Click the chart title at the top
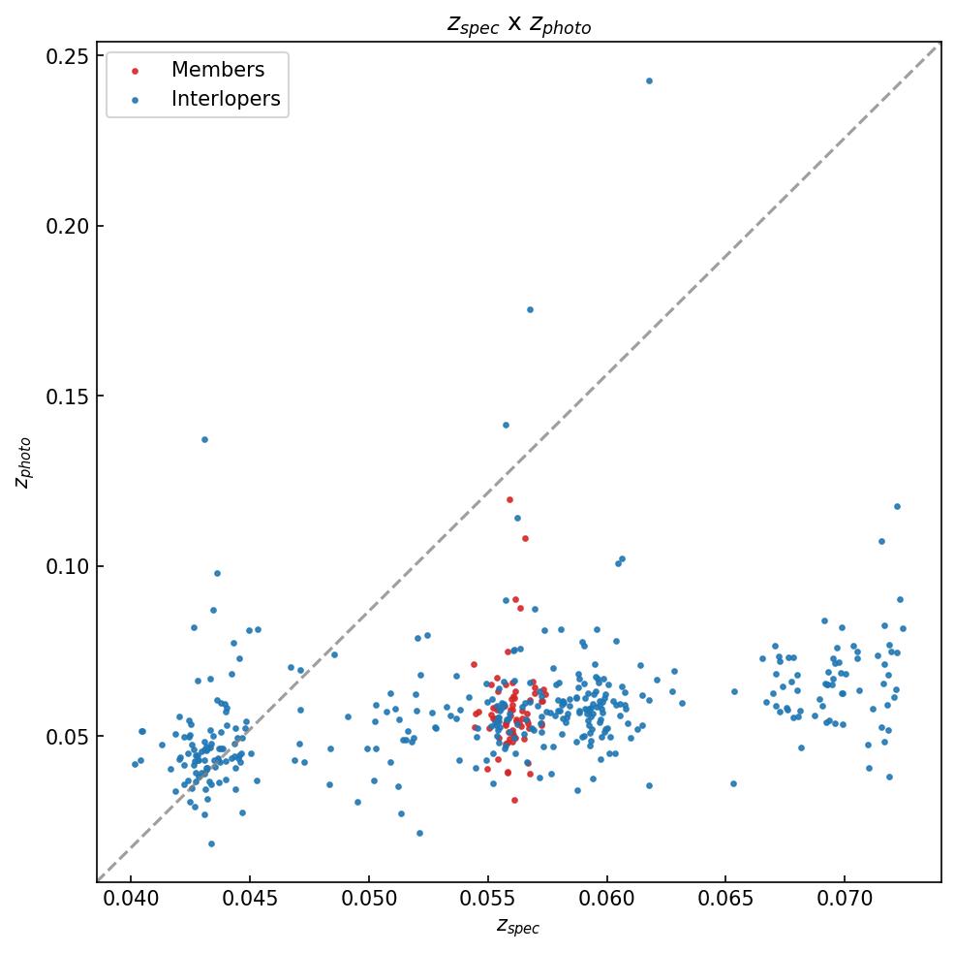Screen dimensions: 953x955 coord(518,25)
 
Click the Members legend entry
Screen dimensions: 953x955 coord(217,70)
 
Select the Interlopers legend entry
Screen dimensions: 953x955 coord(225,99)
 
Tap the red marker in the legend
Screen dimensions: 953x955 coord(135,71)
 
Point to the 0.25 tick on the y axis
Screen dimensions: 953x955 coord(67,56)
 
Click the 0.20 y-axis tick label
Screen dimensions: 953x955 coord(67,226)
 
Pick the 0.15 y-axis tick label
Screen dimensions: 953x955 coord(67,397)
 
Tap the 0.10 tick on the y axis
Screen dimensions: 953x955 coord(67,566)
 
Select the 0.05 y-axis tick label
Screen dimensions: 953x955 coord(67,736)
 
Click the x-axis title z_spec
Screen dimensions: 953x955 coord(518,927)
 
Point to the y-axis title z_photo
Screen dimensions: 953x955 coord(25,462)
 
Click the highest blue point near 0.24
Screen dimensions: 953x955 coord(649,80)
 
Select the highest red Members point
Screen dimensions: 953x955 coord(509,499)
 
